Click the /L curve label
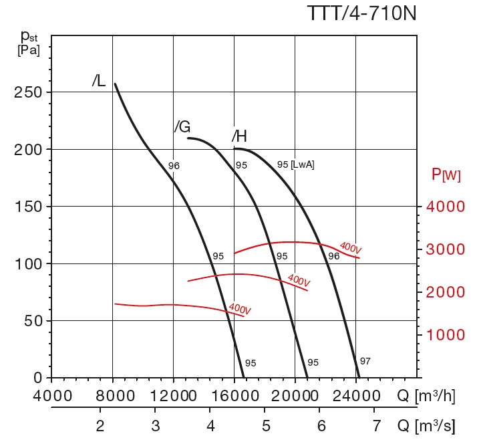99,82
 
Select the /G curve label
182,126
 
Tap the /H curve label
239,137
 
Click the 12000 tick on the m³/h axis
173,396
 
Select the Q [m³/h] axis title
426,396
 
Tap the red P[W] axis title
446,175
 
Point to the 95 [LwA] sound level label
295,164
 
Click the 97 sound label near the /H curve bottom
365,361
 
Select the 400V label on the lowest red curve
240,309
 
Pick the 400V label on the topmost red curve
350,249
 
